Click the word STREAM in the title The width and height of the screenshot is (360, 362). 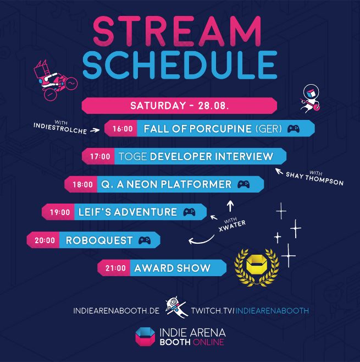click(177, 31)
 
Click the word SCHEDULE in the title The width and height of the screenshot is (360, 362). click(180, 65)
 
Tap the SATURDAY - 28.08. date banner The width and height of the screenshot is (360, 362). click(179, 106)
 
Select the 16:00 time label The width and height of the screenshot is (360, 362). click(123, 129)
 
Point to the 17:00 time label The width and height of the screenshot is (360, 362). click(100, 157)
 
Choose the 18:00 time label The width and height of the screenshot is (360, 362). click(82, 184)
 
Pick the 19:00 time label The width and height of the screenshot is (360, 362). click(60, 212)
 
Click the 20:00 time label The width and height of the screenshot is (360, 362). click(45, 240)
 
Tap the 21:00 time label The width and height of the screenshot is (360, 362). click(115, 268)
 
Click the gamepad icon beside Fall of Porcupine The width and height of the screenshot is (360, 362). click(293, 129)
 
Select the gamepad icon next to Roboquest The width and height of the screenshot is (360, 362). click(145, 240)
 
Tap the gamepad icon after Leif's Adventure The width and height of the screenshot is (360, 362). click(189, 212)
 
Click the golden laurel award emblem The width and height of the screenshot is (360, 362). click(257, 267)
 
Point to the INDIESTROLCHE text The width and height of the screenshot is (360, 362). click(60, 128)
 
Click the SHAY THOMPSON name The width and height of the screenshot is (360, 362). click(314, 179)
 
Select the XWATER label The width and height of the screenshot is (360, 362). click(232, 226)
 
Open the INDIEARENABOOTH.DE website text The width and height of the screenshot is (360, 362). click(116, 311)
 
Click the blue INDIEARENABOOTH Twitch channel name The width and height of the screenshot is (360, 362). click(272, 311)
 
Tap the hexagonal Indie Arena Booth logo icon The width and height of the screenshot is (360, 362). click(145, 337)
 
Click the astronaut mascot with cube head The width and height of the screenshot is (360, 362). click(310, 98)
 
